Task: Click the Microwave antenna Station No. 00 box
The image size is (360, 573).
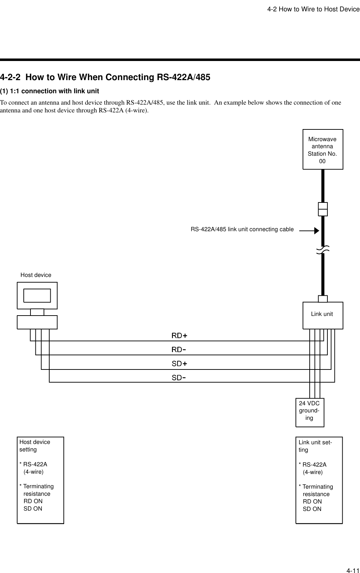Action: pos(323,149)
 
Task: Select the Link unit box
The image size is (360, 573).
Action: pos(323,315)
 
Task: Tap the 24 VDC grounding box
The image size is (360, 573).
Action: pos(310,412)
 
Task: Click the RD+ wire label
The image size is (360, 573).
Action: pos(179,335)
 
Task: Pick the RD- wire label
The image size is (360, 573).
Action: pos(179,350)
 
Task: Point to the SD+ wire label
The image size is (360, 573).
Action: pos(179,364)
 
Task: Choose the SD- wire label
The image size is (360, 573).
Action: pos(179,378)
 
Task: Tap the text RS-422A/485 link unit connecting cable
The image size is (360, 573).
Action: pos(242,229)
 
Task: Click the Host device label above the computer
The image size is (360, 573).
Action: pos(36,275)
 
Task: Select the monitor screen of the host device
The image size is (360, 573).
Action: pos(37,295)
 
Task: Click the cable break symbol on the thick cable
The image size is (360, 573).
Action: pos(323,250)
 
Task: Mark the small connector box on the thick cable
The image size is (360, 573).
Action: pos(323,209)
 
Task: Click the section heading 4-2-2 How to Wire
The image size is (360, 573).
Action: pos(105,77)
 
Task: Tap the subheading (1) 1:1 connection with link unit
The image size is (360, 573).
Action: pos(50,91)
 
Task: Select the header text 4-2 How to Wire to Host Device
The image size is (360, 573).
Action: pos(313,9)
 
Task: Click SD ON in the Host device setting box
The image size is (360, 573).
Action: pos(33,508)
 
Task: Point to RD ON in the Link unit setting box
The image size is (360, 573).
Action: pos(312,501)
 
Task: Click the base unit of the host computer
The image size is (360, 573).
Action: pos(37,322)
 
